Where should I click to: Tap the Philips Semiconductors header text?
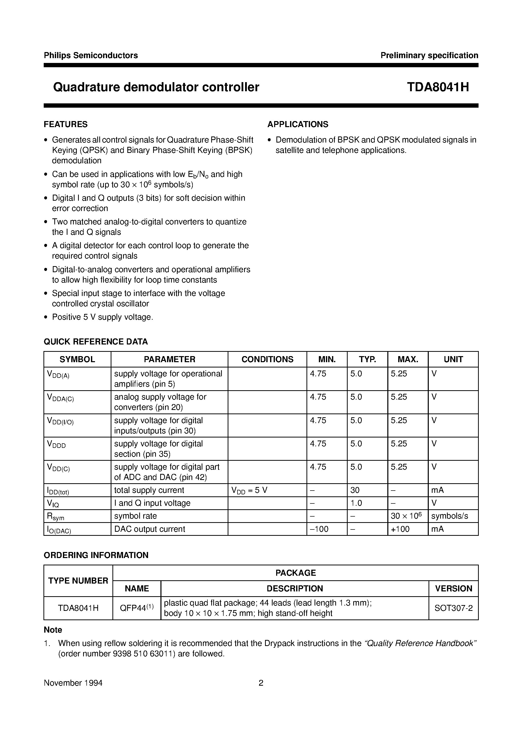click(91, 55)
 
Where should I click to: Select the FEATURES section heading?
click(66, 124)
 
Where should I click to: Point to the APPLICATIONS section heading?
click(298, 124)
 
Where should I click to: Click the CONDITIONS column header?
click(267, 359)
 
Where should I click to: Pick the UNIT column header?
click(453, 359)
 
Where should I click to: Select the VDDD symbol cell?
click(56, 445)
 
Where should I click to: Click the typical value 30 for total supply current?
click(355, 490)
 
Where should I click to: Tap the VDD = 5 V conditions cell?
click(249, 491)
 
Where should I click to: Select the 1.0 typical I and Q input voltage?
click(356, 503)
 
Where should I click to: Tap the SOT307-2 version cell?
click(454, 608)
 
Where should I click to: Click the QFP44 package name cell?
click(136, 608)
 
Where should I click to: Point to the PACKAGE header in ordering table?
click(295, 573)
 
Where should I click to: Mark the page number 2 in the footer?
click(261, 683)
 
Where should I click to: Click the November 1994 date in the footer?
click(73, 683)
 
